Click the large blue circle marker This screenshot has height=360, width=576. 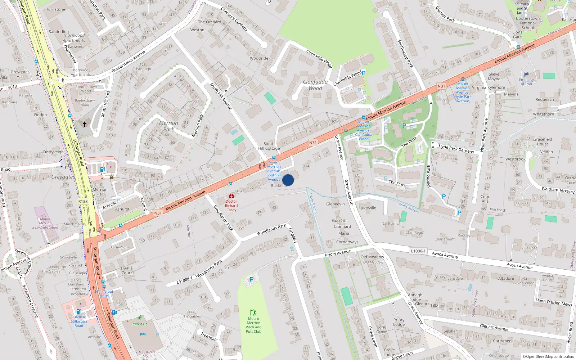point(288,180)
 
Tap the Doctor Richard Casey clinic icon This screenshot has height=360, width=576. point(231,196)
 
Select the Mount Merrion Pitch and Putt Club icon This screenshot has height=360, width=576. point(253,312)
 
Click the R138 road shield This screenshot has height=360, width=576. point(83,201)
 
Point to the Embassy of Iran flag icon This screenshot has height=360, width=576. point(526,75)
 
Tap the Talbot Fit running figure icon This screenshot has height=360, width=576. point(139,318)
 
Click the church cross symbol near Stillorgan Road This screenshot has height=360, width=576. point(85,124)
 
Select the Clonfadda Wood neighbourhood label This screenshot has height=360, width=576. point(315,85)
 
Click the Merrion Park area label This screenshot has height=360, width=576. point(168,126)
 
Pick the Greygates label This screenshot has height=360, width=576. point(63,177)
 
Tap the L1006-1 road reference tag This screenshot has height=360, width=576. point(418,251)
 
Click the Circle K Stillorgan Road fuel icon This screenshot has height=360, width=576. point(78,311)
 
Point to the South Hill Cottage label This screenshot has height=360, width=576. point(269,146)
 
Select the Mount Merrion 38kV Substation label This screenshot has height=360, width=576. point(45,223)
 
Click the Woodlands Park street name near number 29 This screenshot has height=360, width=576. point(271,230)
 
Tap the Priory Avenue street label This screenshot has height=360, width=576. point(338,253)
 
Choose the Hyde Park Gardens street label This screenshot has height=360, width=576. point(456,149)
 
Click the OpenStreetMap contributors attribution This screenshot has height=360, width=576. point(548,356)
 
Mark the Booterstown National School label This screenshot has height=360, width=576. point(528,23)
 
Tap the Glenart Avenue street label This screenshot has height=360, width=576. point(494,327)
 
